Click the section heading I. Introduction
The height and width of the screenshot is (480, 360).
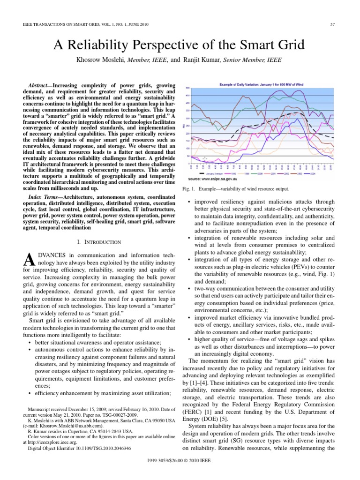[99, 242]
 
